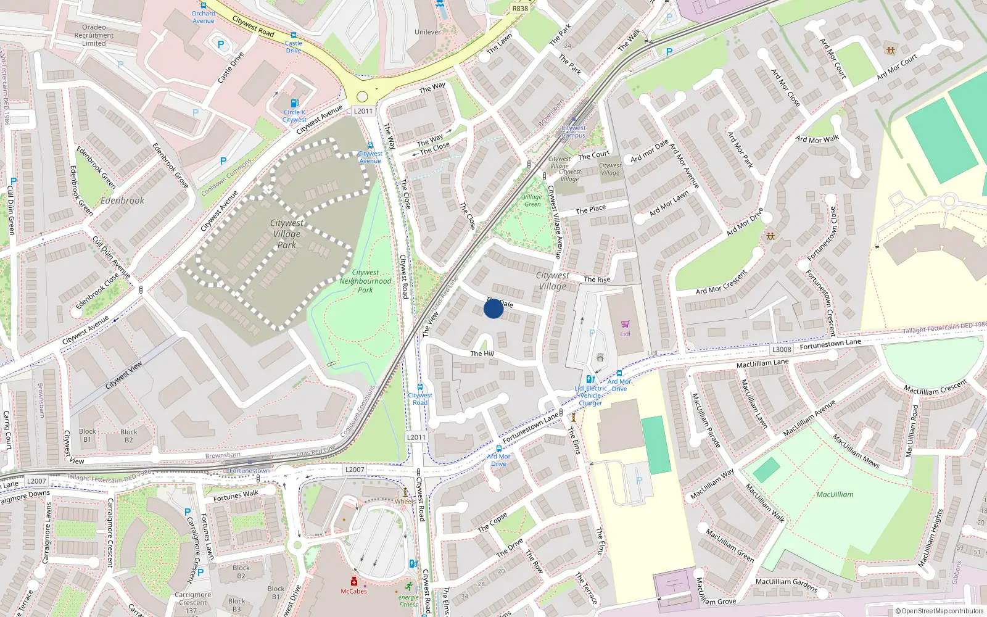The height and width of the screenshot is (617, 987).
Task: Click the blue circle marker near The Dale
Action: click(x=493, y=308)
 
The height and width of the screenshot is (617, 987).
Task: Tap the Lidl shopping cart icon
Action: click(x=625, y=324)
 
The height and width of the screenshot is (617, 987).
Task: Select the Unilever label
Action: click(x=427, y=32)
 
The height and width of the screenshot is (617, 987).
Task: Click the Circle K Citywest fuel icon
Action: click(x=294, y=103)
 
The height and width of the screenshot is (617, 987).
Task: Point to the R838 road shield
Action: click(x=520, y=9)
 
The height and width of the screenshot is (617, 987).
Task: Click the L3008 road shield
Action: click(x=782, y=349)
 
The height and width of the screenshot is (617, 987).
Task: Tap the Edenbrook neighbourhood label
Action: click(x=122, y=201)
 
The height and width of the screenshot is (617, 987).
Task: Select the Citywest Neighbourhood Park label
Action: click(x=365, y=281)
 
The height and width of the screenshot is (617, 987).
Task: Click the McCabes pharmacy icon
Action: click(x=353, y=581)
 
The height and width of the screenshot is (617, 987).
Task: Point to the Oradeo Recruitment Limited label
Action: click(x=94, y=35)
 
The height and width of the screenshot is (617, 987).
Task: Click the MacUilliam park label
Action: click(x=835, y=494)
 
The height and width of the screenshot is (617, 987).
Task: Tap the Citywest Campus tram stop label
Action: click(x=574, y=131)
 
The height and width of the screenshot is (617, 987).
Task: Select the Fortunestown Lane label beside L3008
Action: click(x=830, y=344)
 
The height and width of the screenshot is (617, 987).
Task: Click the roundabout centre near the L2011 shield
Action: click(x=362, y=97)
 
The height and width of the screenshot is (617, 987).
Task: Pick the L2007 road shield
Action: click(x=36, y=481)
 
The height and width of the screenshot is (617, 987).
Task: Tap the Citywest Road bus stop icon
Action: click(x=420, y=387)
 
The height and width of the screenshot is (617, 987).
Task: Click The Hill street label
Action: click(x=482, y=354)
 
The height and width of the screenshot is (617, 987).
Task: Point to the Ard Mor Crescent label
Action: click(x=721, y=283)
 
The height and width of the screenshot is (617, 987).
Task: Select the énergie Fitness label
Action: click(x=408, y=601)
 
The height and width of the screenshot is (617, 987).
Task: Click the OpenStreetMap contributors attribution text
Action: click(x=940, y=611)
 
